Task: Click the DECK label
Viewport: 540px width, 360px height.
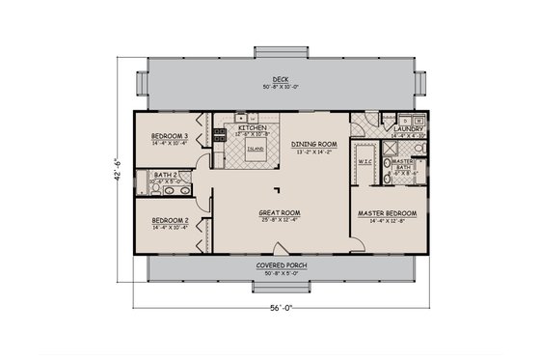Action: tap(279, 80)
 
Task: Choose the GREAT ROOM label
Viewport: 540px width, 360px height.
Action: tap(280, 212)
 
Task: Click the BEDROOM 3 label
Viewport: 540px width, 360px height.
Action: tap(170, 138)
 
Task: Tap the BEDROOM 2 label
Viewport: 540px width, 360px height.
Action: tap(169, 220)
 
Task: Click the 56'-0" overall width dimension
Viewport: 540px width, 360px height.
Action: tap(279, 308)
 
